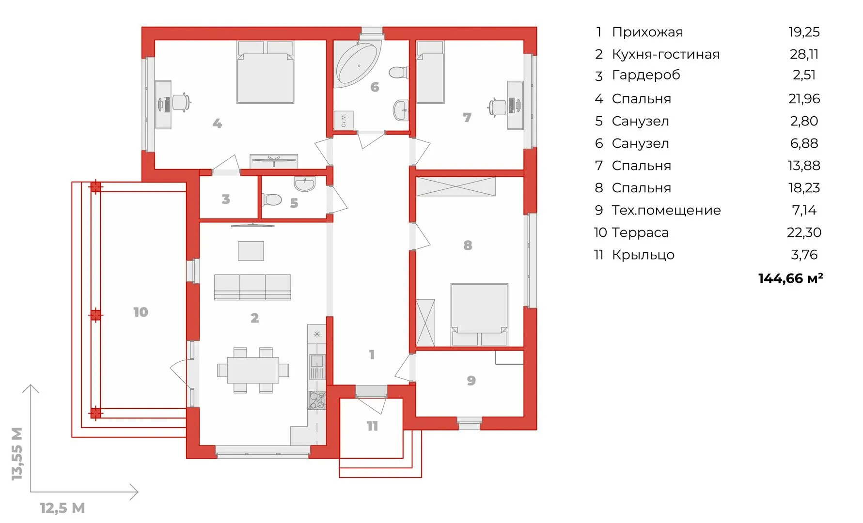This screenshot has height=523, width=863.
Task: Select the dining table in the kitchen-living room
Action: (253, 370)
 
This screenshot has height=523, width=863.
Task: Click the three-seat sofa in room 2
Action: (252, 287)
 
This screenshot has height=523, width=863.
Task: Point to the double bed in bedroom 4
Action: (266, 72)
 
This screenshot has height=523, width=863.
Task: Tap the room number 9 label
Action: (471, 381)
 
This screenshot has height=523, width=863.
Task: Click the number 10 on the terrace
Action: (141, 312)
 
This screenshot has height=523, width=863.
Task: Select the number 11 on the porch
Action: (372, 426)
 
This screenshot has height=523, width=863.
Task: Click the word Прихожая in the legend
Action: (647, 32)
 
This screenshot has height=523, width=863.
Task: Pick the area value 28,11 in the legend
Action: (804, 54)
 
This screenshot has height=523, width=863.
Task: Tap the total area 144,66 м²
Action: (790, 278)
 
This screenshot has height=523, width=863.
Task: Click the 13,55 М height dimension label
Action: (17, 454)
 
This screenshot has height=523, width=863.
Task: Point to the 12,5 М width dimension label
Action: (63, 508)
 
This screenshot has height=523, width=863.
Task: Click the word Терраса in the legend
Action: (640, 232)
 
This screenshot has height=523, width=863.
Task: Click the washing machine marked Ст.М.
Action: (344, 120)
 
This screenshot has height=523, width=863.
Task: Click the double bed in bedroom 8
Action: (479, 315)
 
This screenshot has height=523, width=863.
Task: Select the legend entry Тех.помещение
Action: (666, 210)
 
